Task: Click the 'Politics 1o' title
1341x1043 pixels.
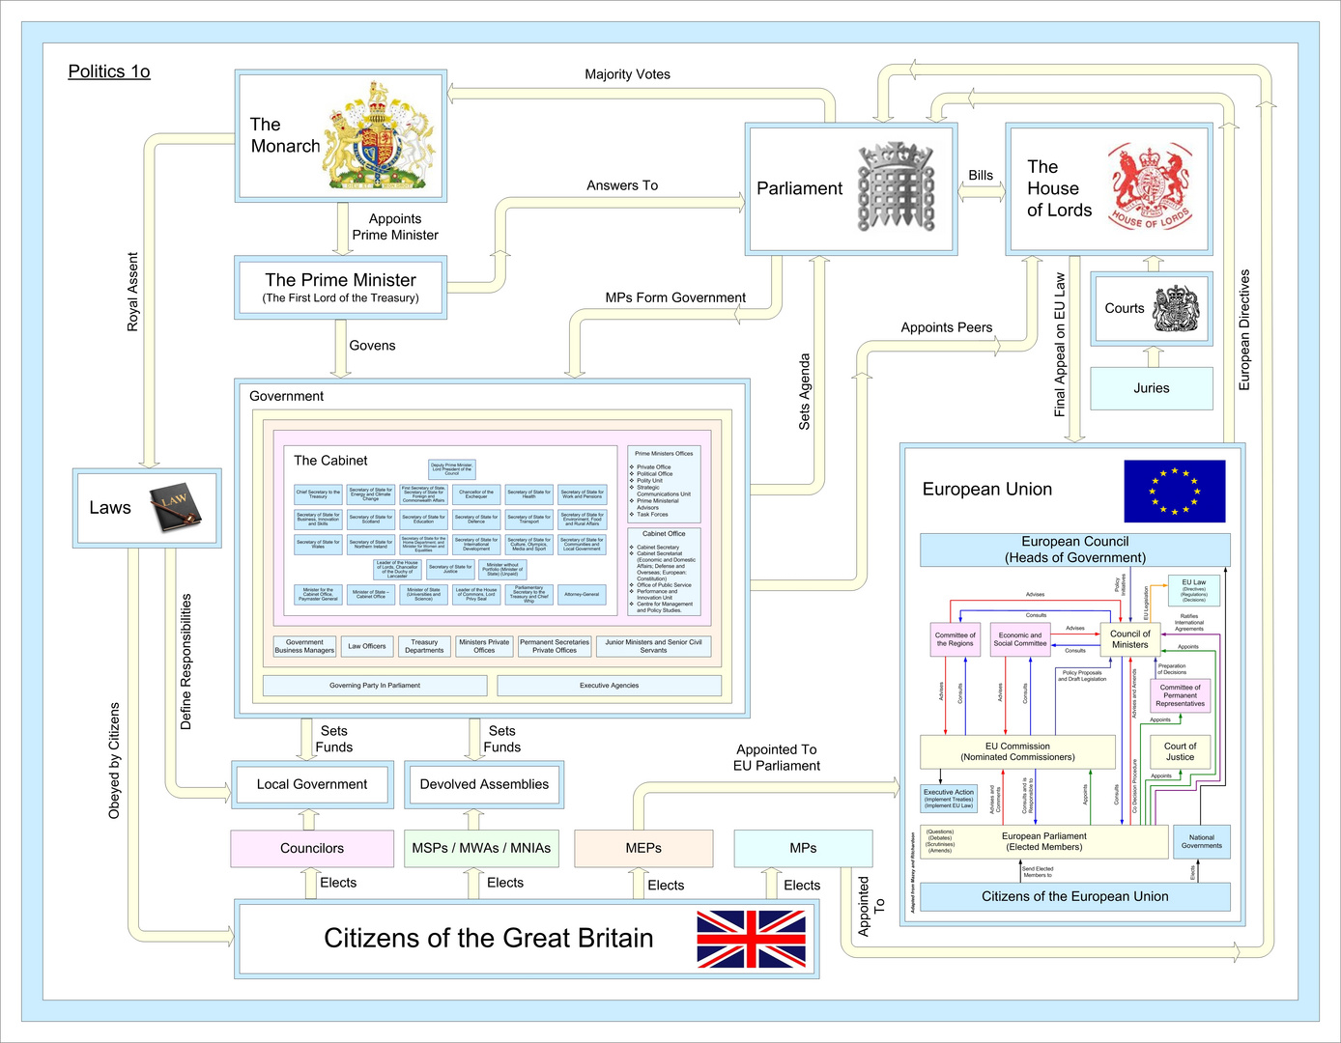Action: [x=109, y=71]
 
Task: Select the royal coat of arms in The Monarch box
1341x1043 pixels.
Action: [x=380, y=136]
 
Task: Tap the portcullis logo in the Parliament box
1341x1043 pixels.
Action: [x=897, y=187]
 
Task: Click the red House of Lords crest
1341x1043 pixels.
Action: [x=1149, y=187]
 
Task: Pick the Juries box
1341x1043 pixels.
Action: [x=1151, y=388]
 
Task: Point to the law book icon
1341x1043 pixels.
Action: [x=175, y=507]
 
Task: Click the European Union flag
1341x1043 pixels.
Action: [x=1174, y=491]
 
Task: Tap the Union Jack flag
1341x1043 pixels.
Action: [x=751, y=939]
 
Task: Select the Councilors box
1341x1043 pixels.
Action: [x=311, y=848]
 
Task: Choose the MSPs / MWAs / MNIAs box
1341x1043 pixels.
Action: [x=480, y=848]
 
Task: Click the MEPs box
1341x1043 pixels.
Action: [x=643, y=848]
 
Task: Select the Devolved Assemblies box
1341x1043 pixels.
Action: [x=484, y=784]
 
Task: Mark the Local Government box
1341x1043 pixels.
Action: [x=311, y=784]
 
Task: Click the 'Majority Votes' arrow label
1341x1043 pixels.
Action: [x=627, y=74]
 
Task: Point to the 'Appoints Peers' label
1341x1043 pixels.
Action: [x=946, y=327]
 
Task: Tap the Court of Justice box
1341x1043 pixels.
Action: [x=1180, y=751]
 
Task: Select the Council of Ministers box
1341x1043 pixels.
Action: [x=1129, y=639]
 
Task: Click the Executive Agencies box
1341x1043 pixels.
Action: [x=609, y=686]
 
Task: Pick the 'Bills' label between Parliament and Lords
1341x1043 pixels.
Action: [x=981, y=175]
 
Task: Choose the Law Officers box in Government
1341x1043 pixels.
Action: [x=366, y=646]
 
